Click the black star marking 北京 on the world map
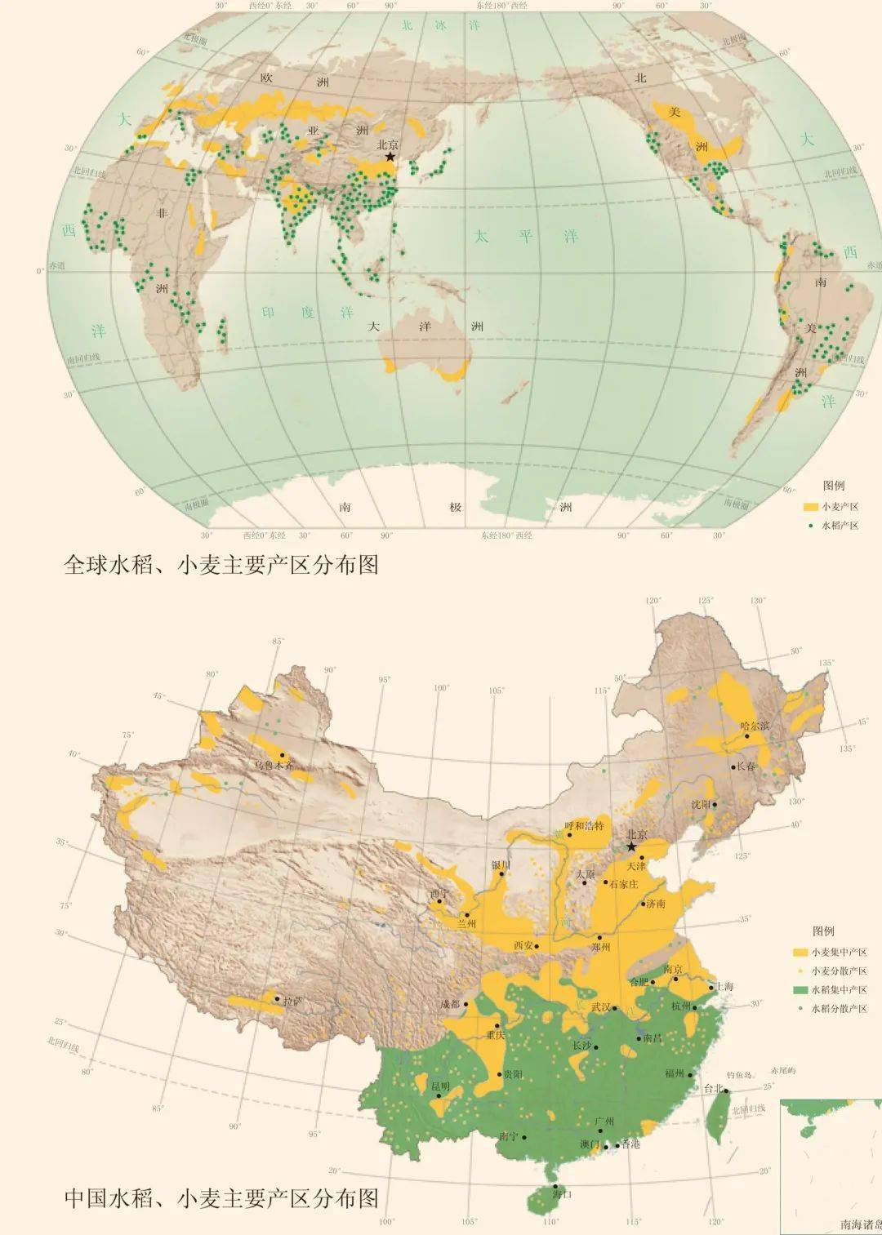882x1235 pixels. (x=390, y=157)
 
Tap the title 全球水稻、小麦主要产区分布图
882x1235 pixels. (x=220, y=565)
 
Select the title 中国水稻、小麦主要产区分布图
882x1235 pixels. (x=220, y=1198)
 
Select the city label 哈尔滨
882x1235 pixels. (x=755, y=725)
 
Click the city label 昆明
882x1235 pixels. (x=440, y=1086)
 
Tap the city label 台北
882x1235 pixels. (x=713, y=1088)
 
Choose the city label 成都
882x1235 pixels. (x=450, y=1004)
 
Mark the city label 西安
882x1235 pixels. (x=523, y=945)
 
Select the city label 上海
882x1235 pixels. (x=723, y=986)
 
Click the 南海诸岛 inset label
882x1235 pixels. (x=861, y=1224)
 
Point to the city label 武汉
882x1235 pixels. (x=600, y=1007)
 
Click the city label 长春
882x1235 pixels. (x=746, y=766)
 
